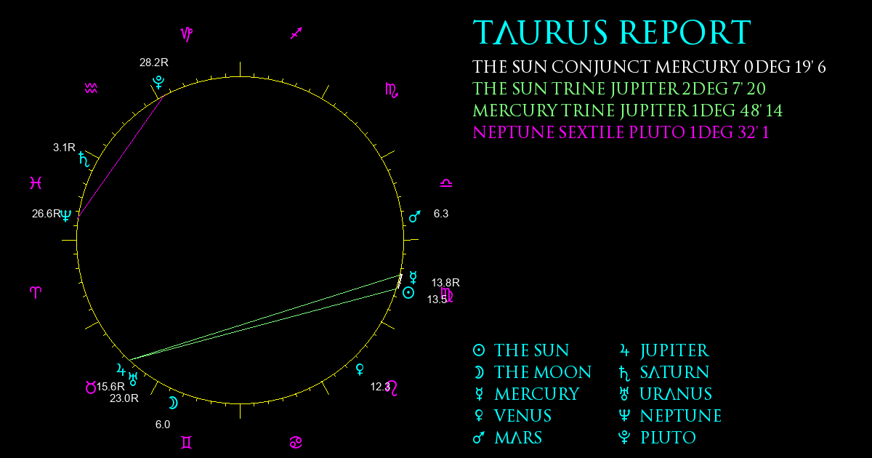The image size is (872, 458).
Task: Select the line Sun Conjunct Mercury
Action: coord(649,67)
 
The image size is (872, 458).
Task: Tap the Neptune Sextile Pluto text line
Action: coord(621,132)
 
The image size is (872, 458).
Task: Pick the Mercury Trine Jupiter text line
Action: coord(628,111)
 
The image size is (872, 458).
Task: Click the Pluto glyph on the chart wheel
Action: coord(158,83)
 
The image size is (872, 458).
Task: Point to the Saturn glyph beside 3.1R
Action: coord(84,159)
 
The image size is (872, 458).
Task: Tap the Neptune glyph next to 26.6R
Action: coord(66,215)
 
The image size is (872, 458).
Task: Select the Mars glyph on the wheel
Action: coord(415,217)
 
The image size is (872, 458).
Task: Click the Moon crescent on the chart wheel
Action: coord(173,403)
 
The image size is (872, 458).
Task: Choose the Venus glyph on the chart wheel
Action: coord(360,369)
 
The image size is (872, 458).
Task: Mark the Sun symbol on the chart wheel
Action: coord(408,293)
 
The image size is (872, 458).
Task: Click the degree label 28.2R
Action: coord(154,63)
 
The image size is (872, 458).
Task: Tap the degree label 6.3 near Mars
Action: coord(441,214)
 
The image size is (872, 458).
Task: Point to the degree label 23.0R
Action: coord(124,398)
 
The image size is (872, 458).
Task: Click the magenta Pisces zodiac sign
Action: coord(36,182)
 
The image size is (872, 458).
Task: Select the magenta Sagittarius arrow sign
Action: coord(296,33)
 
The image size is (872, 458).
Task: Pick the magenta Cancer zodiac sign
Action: coord(296,443)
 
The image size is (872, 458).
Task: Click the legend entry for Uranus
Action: coord(666,394)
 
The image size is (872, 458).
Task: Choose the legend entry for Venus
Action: coord(512,416)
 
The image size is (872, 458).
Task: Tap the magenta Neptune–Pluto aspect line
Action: coord(121,156)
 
